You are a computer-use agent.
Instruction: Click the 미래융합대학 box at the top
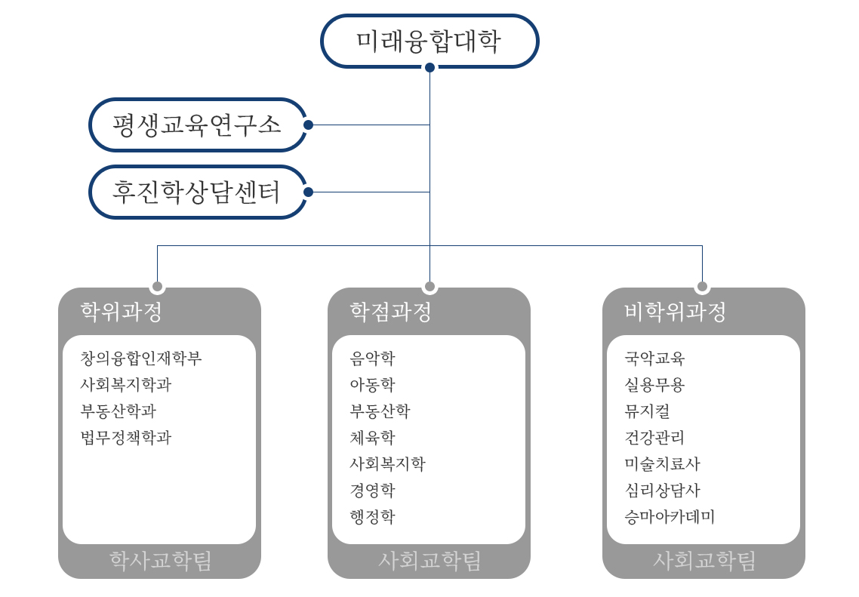click(x=429, y=41)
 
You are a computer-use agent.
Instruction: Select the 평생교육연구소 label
click(x=196, y=125)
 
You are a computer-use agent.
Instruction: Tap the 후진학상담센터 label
click(x=196, y=192)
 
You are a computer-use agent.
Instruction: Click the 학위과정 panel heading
click(x=121, y=311)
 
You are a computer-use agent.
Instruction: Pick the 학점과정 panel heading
click(x=390, y=311)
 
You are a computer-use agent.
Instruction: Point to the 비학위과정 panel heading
click(x=675, y=311)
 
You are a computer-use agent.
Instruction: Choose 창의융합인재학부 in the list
click(x=141, y=359)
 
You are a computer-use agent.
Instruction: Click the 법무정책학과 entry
click(x=126, y=437)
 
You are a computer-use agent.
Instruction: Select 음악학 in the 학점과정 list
click(x=373, y=359)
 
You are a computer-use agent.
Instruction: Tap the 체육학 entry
click(x=373, y=437)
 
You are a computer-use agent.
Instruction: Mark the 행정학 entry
click(x=373, y=516)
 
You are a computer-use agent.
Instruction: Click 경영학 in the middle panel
click(x=373, y=490)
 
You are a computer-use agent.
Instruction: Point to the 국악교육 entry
click(x=654, y=359)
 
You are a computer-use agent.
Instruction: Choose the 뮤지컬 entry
click(x=647, y=411)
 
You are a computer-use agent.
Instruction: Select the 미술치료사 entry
click(x=662, y=464)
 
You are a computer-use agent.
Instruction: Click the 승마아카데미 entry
click(x=670, y=516)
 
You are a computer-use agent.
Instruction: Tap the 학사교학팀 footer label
click(x=161, y=561)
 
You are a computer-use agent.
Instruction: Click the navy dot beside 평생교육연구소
click(x=308, y=125)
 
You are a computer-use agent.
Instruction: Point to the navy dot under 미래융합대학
click(x=429, y=67)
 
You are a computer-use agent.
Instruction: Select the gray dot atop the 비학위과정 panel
click(x=702, y=287)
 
